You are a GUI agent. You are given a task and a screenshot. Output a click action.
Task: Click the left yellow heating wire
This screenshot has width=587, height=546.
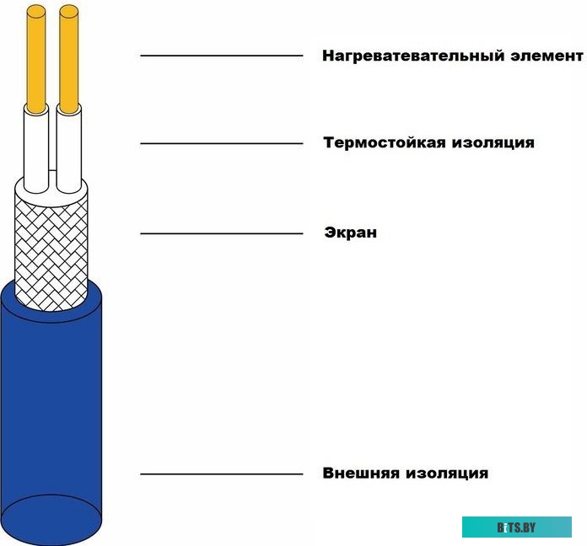point(36,59)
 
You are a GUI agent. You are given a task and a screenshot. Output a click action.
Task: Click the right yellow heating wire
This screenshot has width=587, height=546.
point(69,59)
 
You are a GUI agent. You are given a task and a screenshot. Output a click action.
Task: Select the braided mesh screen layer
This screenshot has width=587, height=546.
point(51,249)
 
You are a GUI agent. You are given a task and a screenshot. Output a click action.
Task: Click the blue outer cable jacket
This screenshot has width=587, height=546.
point(51,411)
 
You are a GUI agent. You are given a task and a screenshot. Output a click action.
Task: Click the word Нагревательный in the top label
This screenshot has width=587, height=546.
point(413,56)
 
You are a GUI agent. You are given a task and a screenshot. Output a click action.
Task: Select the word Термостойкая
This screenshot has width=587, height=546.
point(384,142)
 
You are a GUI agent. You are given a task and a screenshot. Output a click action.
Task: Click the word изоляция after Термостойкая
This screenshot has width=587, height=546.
point(493,143)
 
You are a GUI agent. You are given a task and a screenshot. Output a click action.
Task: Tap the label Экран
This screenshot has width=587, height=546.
point(350,232)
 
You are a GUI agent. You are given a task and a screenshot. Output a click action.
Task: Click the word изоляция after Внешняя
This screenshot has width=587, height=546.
point(447,474)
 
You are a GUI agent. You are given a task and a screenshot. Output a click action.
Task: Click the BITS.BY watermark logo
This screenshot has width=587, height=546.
point(517,527)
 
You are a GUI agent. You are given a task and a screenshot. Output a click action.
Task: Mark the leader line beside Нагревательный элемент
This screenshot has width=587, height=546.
point(222,56)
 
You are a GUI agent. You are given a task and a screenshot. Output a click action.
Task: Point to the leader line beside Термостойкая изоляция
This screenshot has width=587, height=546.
point(222,143)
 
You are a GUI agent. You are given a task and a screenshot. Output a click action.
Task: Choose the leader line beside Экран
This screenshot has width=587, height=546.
point(222,233)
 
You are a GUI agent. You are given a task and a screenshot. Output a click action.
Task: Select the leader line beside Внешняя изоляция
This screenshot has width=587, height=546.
point(222,474)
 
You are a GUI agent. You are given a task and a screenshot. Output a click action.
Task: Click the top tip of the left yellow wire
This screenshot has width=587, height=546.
point(36,5)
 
